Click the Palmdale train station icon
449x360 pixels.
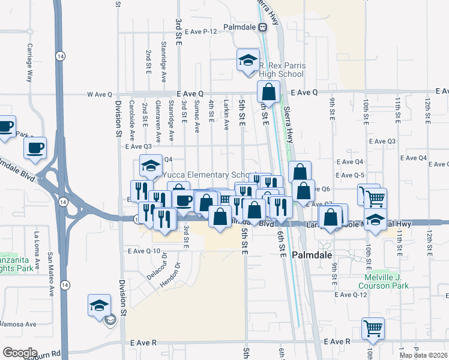pos(262,27)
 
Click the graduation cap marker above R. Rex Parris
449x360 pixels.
pos(247,60)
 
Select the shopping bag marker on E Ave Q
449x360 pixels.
pos(268,92)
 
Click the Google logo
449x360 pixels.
pos(20,352)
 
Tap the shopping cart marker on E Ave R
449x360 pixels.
pos(373,328)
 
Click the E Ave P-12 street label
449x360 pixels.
pos(200,31)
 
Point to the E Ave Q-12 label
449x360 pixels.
pos(351,295)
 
